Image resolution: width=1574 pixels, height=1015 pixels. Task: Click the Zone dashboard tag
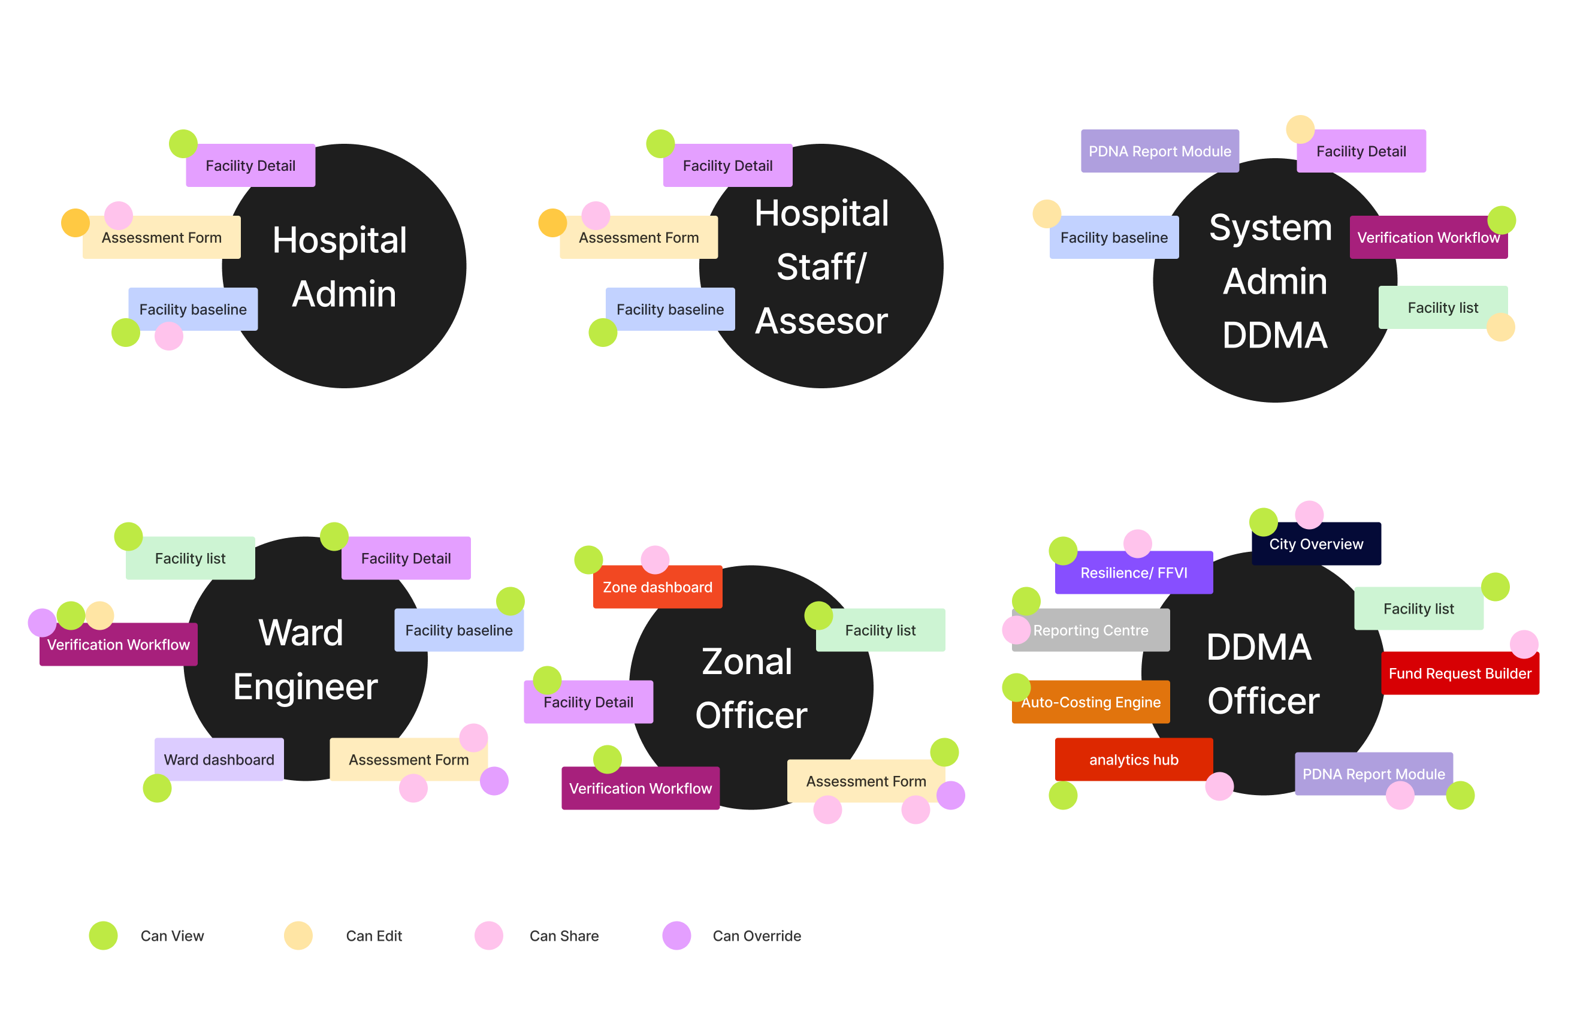[657, 587]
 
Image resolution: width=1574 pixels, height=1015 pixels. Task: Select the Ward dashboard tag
[219, 759]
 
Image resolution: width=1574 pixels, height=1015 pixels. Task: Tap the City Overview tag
[1316, 544]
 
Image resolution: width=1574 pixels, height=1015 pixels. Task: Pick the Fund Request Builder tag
[1460, 673]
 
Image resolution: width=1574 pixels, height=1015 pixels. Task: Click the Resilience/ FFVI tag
[1133, 572]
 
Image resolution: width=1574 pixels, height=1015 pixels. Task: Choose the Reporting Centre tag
[1090, 630]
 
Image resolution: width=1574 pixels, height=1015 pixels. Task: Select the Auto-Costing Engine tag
[1090, 702]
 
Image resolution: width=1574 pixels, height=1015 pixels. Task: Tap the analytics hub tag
[1133, 759]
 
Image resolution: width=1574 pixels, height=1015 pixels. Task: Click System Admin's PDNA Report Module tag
[1159, 151]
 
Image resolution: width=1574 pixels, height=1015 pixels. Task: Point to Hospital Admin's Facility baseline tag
[192, 309]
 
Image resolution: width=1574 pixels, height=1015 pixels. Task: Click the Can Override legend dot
[676, 935]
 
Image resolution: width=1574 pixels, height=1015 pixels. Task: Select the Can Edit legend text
[374, 935]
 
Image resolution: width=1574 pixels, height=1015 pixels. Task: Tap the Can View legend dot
[104, 935]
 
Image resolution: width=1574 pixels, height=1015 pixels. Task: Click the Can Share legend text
[564, 935]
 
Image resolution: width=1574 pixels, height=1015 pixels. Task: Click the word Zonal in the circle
[747, 661]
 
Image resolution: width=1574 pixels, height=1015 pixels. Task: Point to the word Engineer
[305, 686]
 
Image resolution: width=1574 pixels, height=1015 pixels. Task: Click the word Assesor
[821, 321]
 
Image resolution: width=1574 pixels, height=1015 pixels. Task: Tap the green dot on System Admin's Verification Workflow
[1502, 220]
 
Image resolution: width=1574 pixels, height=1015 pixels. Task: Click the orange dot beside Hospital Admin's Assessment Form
[75, 223]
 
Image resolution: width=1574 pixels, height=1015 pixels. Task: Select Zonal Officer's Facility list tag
[880, 630]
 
